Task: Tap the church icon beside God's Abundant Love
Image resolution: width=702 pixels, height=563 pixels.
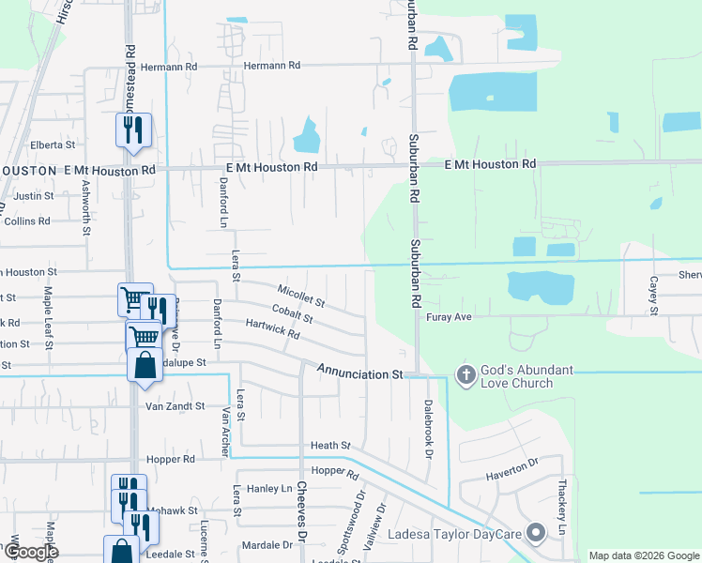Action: point(465,375)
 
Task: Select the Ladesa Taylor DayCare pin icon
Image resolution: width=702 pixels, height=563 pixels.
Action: point(536,533)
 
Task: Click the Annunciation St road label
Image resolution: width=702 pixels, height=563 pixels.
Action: point(359,373)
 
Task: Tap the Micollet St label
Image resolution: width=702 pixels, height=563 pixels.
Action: point(301,296)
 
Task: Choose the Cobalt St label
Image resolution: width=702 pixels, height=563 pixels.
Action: point(292,313)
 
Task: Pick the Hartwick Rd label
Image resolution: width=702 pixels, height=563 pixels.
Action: point(272,327)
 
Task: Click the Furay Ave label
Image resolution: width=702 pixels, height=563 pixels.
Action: point(449,317)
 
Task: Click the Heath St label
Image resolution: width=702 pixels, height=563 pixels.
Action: point(330,445)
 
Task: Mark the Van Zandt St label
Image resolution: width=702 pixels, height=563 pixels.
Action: point(175,406)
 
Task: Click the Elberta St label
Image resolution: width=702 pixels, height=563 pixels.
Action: point(53,145)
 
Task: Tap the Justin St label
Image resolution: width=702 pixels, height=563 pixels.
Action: point(34,196)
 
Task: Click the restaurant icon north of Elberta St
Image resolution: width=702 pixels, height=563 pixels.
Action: point(133,129)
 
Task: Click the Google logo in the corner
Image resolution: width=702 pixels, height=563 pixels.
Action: point(31,552)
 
